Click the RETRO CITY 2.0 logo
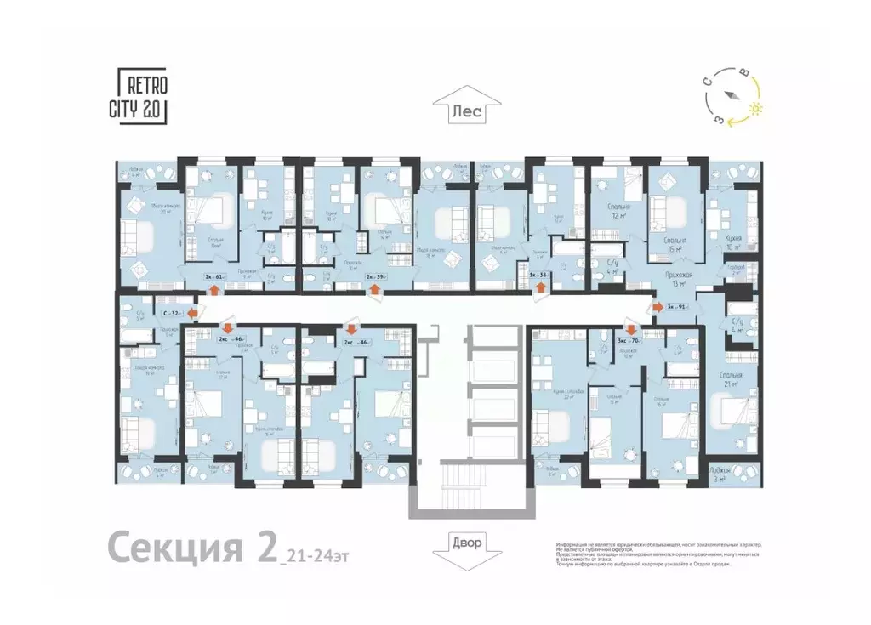[x=141, y=97]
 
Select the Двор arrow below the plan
[x=466, y=543]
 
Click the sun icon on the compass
[x=755, y=109]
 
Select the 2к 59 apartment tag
[x=375, y=276]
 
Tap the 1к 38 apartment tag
[x=538, y=276]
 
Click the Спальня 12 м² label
[x=618, y=211]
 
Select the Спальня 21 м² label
[x=730, y=379]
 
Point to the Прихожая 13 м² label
[x=678, y=280]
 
